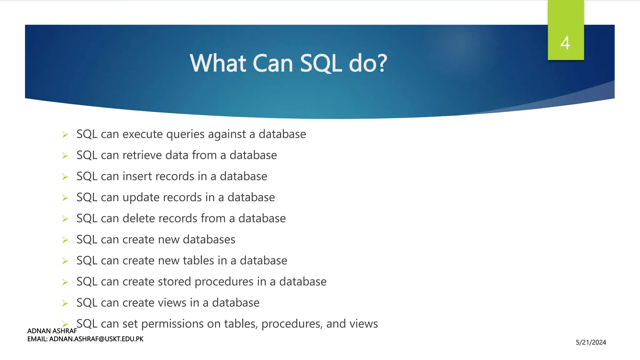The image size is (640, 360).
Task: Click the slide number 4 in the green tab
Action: (565, 43)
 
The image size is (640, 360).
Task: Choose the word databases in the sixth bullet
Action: (209, 240)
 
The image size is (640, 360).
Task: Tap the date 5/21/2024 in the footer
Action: (591, 342)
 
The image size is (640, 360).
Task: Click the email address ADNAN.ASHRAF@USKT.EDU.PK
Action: (96, 339)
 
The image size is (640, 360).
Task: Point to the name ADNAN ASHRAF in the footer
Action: (52, 331)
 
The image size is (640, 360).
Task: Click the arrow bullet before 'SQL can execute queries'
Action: (65, 135)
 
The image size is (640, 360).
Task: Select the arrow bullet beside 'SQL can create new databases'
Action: (65, 240)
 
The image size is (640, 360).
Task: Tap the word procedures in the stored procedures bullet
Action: (224, 282)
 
